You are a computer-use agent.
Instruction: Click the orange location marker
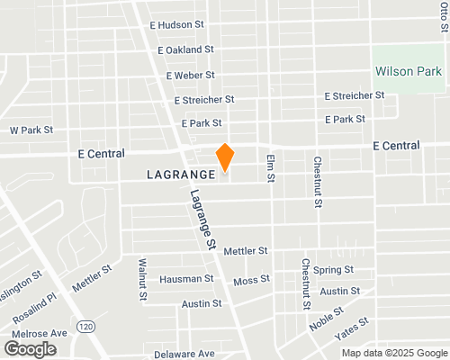(x=225, y=157)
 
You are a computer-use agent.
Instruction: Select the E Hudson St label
(x=175, y=26)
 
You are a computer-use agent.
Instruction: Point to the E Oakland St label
(x=184, y=50)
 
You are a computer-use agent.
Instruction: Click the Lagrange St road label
(x=203, y=219)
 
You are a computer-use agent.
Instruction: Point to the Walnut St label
(x=142, y=279)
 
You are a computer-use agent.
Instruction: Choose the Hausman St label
(x=185, y=279)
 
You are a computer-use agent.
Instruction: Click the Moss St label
(x=251, y=281)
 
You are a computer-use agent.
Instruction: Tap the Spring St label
(x=333, y=270)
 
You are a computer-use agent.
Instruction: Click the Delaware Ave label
(x=184, y=354)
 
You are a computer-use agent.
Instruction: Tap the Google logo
(x=31, y=348)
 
